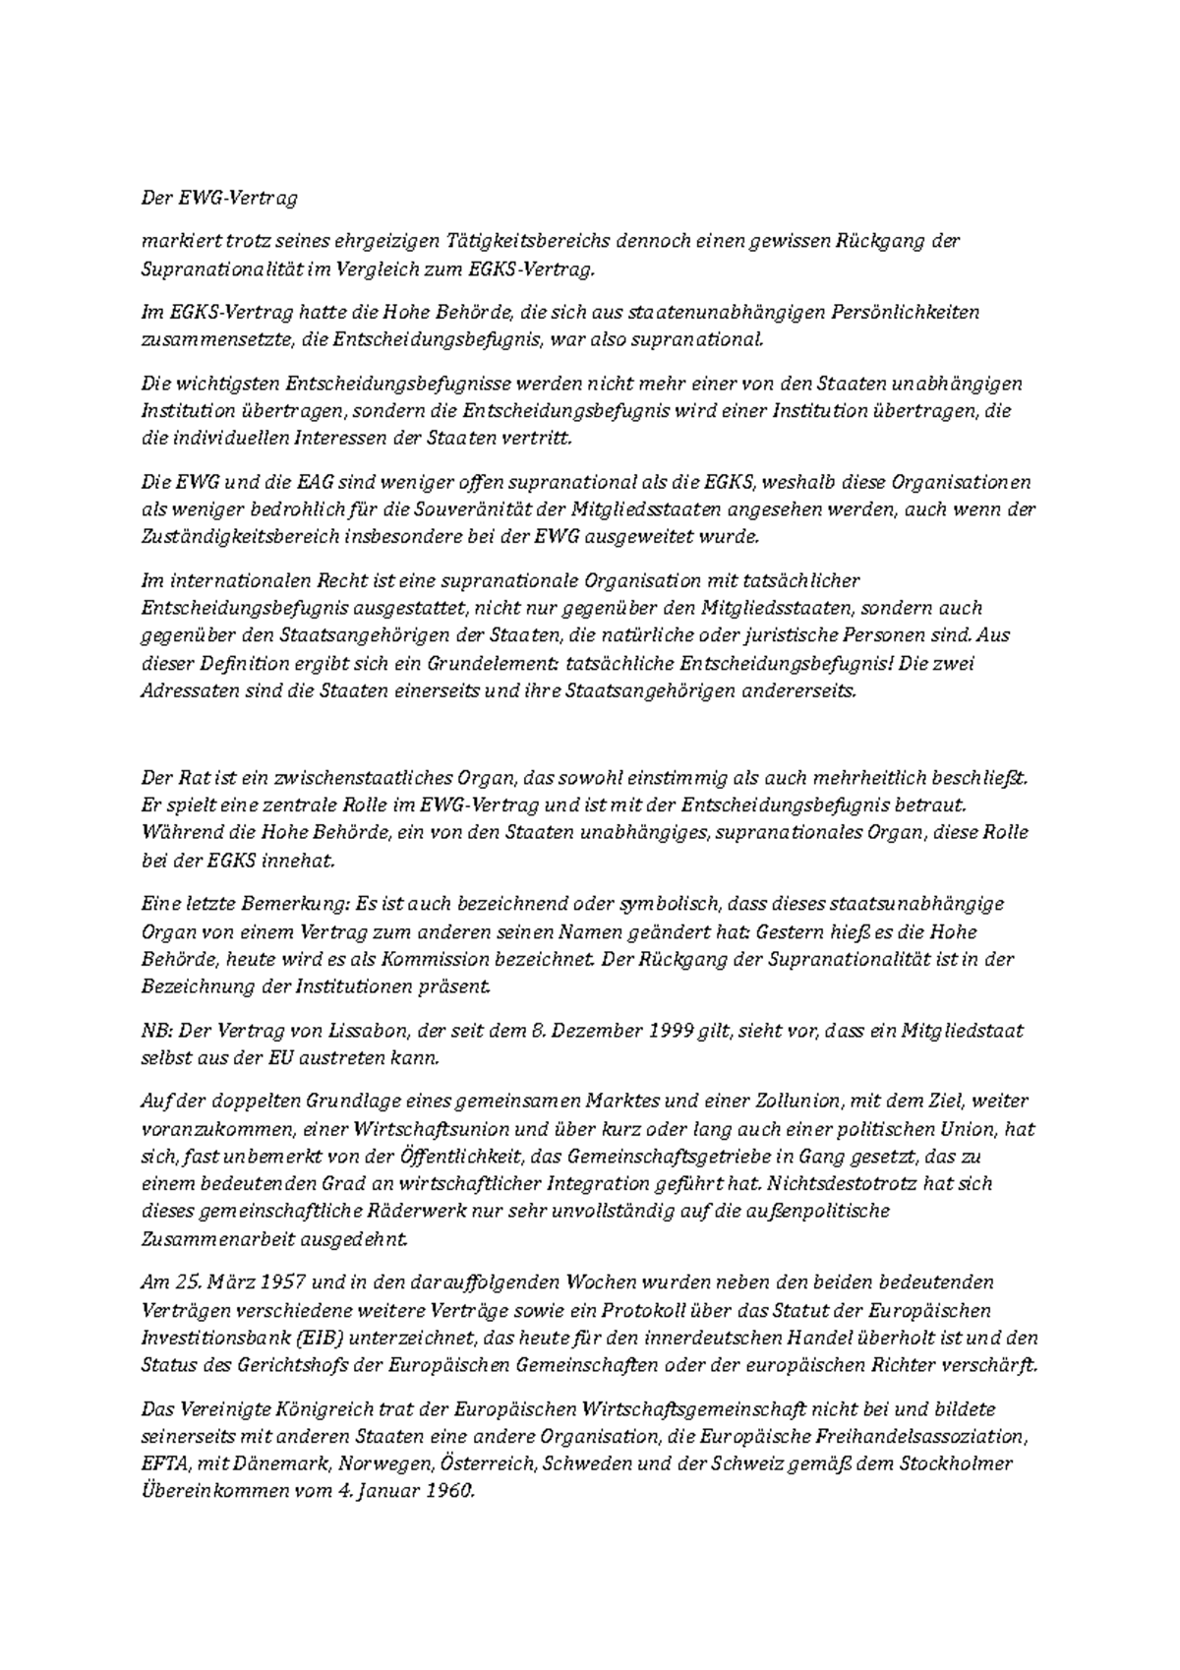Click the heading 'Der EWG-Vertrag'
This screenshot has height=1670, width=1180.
219,198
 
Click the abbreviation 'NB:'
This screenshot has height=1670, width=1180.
156,1031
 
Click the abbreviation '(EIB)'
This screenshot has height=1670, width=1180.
317,1338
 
